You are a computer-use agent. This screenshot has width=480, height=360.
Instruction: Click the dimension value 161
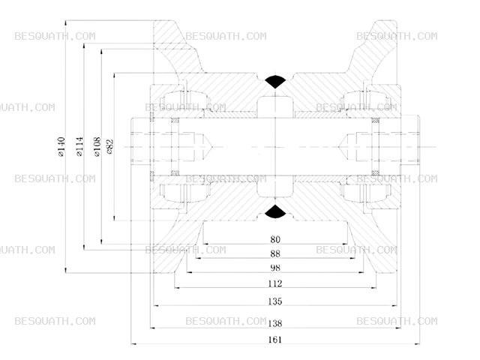tap(275, 340)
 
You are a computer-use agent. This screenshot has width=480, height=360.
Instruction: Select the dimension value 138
tap(275, 323)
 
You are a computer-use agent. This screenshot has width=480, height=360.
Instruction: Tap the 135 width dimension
tap(275, 301)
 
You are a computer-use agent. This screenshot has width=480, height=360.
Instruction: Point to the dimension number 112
tap(275, 283)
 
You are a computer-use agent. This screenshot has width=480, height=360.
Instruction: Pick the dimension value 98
tap(275, 268)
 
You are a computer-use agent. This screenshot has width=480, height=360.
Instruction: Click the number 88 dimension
tap(275, 253)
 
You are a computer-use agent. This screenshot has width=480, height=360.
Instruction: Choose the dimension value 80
tap(275, 239)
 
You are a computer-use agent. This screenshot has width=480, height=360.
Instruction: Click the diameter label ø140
tap(61, 147)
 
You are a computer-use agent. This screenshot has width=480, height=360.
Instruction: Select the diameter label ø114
tap(79, 147)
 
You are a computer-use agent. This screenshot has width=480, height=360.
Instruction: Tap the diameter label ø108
tap(97, 147)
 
